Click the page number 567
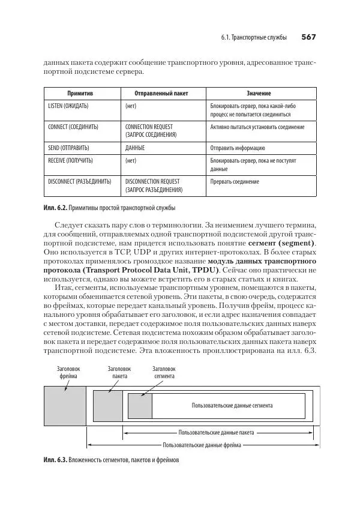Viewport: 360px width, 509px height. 308,37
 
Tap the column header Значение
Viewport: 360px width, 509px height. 259,94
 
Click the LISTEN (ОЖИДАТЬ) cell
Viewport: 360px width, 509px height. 68,106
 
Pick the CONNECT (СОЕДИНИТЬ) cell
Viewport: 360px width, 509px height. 73,127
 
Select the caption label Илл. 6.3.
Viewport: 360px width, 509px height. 55,460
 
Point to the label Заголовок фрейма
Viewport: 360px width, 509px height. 68,373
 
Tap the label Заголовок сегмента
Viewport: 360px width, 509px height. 163,373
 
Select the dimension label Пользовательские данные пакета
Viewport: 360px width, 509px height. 216,432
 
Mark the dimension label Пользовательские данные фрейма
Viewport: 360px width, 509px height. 202,445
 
